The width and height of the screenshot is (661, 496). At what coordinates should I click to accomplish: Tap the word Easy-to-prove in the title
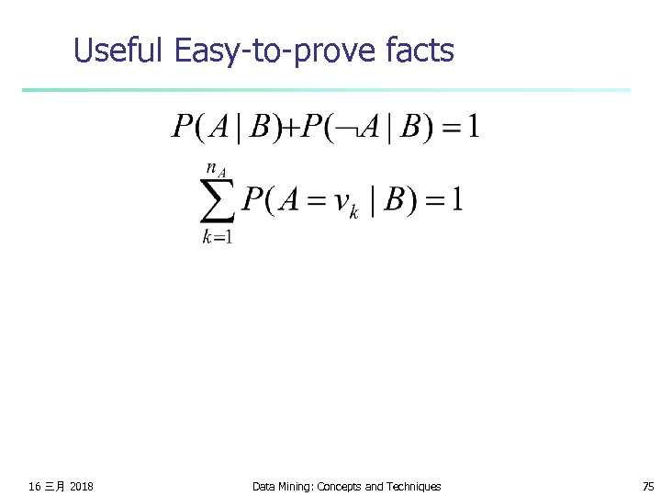tap(278, 51)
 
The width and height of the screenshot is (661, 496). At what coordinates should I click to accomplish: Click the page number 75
tap(648, 486)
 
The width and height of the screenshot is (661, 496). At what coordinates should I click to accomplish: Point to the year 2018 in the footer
tap(81, 486)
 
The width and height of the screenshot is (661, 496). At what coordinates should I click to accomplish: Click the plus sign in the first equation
tap(286, 127)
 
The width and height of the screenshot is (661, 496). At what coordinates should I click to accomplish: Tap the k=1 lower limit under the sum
tap(218, 237)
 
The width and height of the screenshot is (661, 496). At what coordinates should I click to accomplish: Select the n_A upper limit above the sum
tap(217, 170)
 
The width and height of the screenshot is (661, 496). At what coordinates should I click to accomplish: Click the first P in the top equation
tap(181, 127)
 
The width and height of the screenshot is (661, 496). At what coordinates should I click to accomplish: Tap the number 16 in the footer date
tap(35, 486)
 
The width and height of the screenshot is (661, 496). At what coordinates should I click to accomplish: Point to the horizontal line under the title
tap(326, 90)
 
